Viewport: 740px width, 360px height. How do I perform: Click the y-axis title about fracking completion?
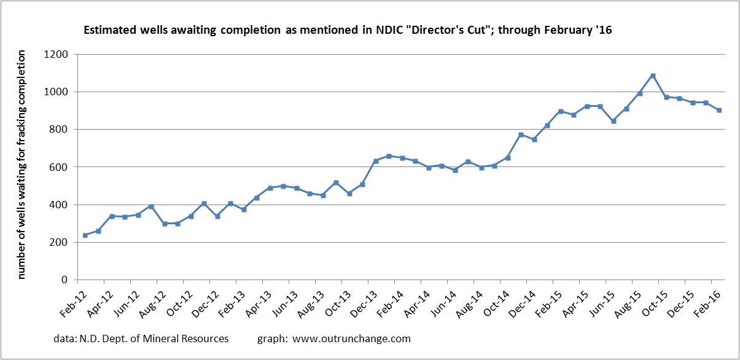[22, 165]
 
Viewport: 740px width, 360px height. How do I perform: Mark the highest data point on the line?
[653, 76]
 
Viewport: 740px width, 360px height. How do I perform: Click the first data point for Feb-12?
[85, 235]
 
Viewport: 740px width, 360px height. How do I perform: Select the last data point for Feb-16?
[719, 110]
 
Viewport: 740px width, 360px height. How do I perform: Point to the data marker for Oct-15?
[666, 97]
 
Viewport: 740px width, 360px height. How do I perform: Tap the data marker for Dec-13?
[376, 161]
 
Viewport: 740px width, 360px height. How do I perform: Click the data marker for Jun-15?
[613, 121]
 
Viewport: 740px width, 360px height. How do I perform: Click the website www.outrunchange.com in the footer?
[351, 338]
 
